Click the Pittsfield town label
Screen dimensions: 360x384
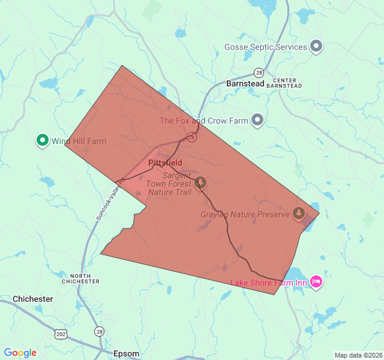click(x=164, y=163)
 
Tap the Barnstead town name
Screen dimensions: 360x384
click(x=245, y=84)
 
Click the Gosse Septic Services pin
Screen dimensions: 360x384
click(x=316, y=46)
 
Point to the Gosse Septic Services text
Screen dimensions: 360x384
click(x=265, y=47)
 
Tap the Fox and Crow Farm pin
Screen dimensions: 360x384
click(x=257, y=120)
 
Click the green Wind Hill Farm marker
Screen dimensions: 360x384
click(x=42, y=140)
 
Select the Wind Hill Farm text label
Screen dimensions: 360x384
click(x=79, y=142)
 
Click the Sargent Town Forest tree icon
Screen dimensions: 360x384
click(x=200, y=181)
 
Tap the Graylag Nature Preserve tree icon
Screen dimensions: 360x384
click(x=298, y=213)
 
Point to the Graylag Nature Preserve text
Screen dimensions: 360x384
click(x=245, y=214)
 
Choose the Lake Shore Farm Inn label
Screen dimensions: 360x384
click(x=269, y=283)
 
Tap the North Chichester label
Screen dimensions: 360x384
click(x=80, y=278)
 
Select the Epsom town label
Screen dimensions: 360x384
click(x=126, y=354)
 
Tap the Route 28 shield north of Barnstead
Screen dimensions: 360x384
click(x=259, y=72)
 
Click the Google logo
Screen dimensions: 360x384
click(x=20, y=353)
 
